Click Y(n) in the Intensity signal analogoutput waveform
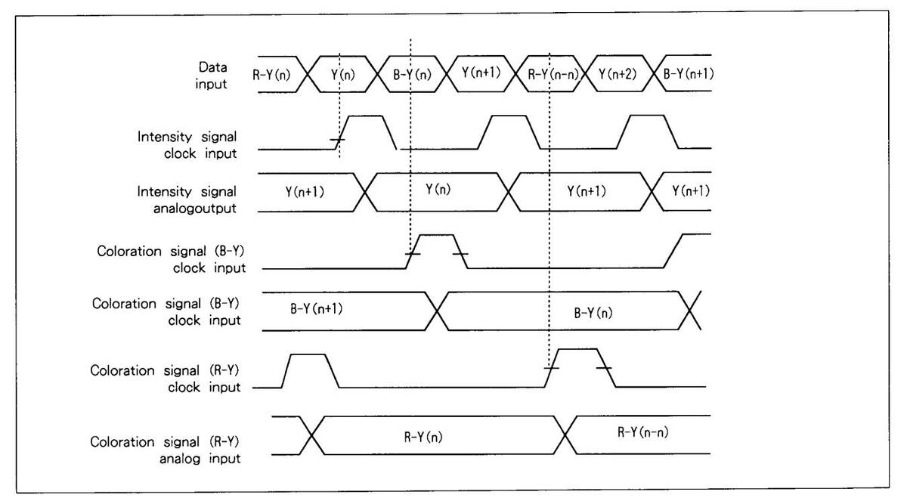click(x=438, y=189)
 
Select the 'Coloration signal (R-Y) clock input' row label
click(x=166, y=379)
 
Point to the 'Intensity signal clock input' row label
click(x=187, y=144)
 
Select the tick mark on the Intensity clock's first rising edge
click(x=338, y=141)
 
